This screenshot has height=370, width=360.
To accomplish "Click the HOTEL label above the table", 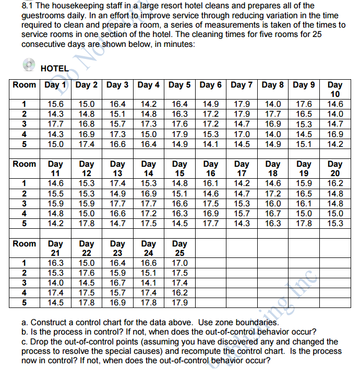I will pyautogui.click(x=54, y=68).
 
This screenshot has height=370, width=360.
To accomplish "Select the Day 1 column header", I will pyautogui.click(x=56, y=85).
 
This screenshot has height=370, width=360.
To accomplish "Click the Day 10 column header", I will pyautogui.click(x=334, y=89).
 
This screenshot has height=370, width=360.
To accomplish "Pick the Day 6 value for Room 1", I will pyautogui.click(x=211, y=104).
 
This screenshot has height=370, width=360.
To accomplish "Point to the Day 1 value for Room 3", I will pyautogui.click(x=56, y=124).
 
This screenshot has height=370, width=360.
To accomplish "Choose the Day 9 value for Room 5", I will pyautogui.click(x=304, y=144).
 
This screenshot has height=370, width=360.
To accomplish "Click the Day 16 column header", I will pyautogui.click(x=211, y=168).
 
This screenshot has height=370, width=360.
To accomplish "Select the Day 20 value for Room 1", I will pyautogui.click(x=334, y=183).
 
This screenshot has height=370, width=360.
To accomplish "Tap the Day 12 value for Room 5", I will pyautogui.click(x=87, y=224).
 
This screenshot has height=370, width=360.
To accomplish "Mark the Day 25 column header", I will pyautogui.click(x=179, y=248).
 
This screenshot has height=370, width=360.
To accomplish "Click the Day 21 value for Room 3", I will pyautogui.click(x=56, y=283).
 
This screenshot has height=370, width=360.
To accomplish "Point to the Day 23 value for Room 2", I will pyautogui.click(x=118, y=273).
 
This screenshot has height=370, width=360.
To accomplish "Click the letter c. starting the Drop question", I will pyautogui.click(x=23, y=342).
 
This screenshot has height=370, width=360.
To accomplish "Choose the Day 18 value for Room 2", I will pyautogui.click(x=273, y=193).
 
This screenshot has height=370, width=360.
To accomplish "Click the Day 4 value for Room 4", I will pyautogui.click(x=149, y=134).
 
